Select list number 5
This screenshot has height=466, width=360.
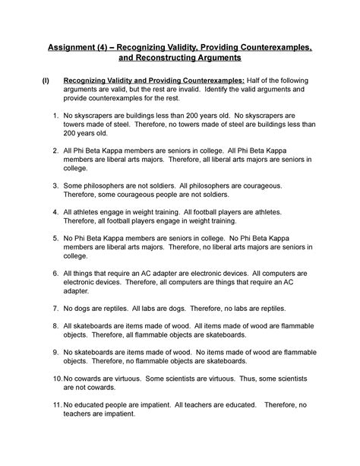[x=55, y=238]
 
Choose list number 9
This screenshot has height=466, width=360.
[x=55, y=353]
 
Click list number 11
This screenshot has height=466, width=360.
[x=57, y=407]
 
